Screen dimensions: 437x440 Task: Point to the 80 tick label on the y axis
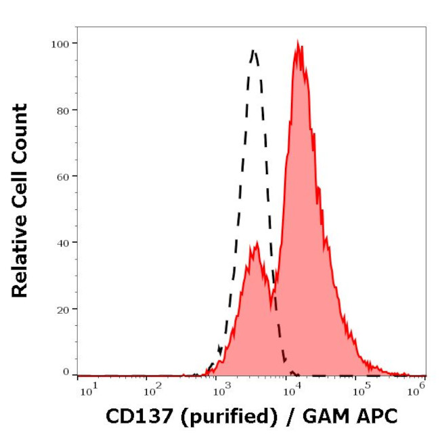[x=62, y=110]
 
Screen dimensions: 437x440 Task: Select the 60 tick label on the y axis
[x=62, y=176]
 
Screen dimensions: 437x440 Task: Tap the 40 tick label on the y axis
[x=62, y=243]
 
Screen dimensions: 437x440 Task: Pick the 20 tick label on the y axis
[x=62, y=309]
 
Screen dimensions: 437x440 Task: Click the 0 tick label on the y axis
[x=66, y=372]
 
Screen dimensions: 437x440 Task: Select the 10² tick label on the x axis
[x=154, y=388]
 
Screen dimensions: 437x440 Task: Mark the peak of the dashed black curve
[x=254, y=50]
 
